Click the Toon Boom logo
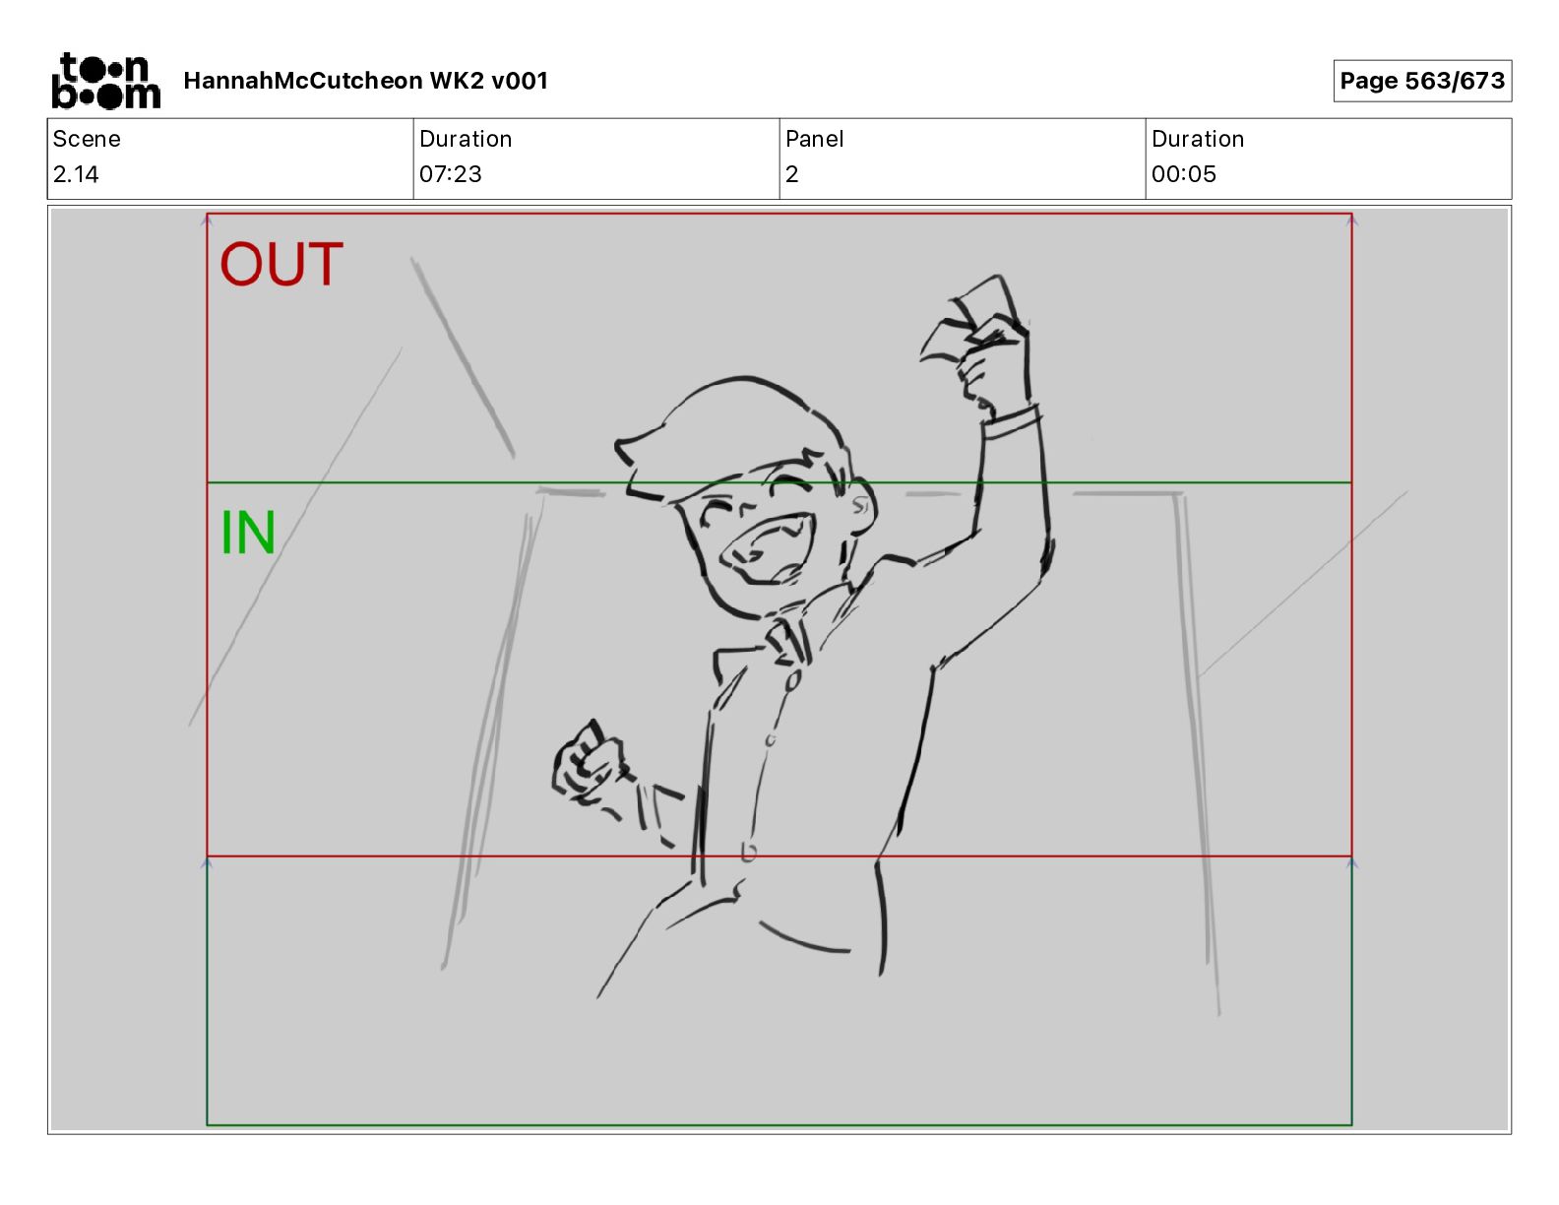pyautogui.click(x=106, y=81)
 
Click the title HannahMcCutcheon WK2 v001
pyautogui.click(x=365, y=81)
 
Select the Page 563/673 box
pyautogui.click(x=1422, y=81)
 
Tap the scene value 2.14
pyautogui.click(x=76, y=174)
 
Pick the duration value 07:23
pyautogui.click(x=451, y=174)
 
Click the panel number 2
pyautogui.click(x=791, y=174)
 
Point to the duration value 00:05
pyautogui.click(x=1184, y=174)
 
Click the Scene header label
pyautogui.click(x=87, y=139)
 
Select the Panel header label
pyautogui.click(x=814, y=139)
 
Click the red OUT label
pyautogui.click(x=281, y=264)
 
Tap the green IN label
pyautogui.click(x=247, y=533)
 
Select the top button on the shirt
pyautogui.click(x=792, y=679)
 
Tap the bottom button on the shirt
pyautogui.click(x=748, y=853)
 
